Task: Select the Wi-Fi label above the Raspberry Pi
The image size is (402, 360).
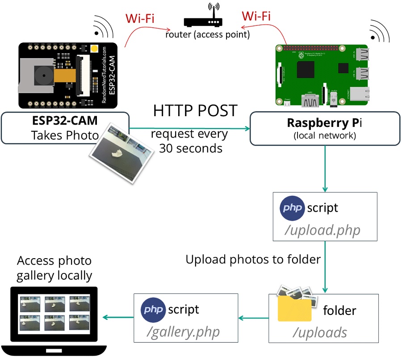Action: click(256, 16)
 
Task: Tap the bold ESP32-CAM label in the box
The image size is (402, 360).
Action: click(65, 121)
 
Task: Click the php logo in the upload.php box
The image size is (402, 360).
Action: click(292, 208)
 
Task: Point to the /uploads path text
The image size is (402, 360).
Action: click(320, 332)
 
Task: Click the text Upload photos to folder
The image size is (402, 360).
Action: click(253, 260)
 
